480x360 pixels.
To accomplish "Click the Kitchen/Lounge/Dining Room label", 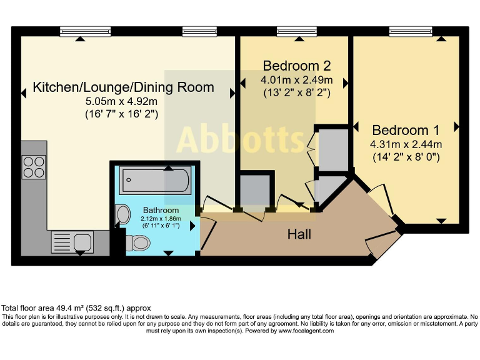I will pos(123,87).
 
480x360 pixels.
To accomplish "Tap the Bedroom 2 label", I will pos(296,66).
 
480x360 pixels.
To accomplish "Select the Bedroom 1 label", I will pos(406,130).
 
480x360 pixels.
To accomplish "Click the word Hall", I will pos(299,235).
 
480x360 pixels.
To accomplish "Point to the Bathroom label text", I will pos(161,210).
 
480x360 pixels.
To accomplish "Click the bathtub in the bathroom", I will pos(156,181).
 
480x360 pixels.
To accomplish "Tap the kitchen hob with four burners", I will pos(34,166).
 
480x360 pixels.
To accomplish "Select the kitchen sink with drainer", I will pos(72,241).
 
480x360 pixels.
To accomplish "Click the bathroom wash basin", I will pos(122,216).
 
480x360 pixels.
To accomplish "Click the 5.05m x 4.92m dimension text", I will pos(121,102).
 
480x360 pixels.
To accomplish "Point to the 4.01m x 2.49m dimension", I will pos(296,80).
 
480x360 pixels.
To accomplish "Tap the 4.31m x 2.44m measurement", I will pos(406,144).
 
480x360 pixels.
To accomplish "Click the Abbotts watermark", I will pos(240,139).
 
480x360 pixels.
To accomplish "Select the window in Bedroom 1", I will pos(410,30).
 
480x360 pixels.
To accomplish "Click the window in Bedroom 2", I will pos(296,30).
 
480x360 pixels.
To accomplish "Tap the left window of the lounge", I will pos(86,30).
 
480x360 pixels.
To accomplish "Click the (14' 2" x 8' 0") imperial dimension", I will pos(406,157).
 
